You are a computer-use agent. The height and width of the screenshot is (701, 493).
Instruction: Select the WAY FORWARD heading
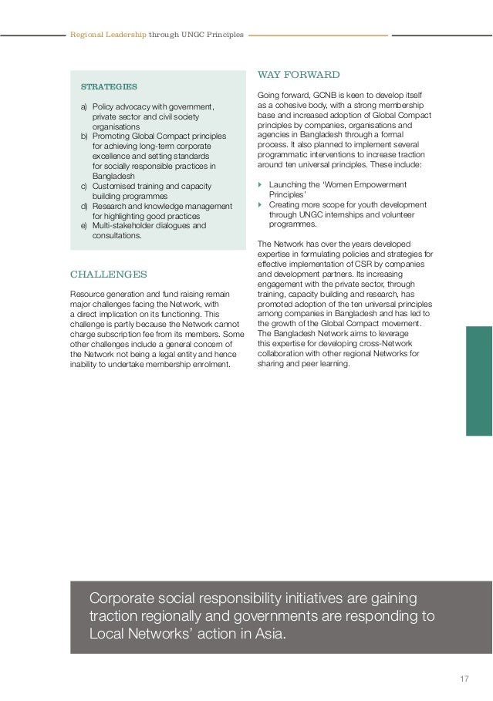point(298,75)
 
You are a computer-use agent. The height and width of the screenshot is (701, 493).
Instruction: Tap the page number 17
point(464,679)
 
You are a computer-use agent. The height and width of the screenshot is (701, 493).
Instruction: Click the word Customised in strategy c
point(114,187)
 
